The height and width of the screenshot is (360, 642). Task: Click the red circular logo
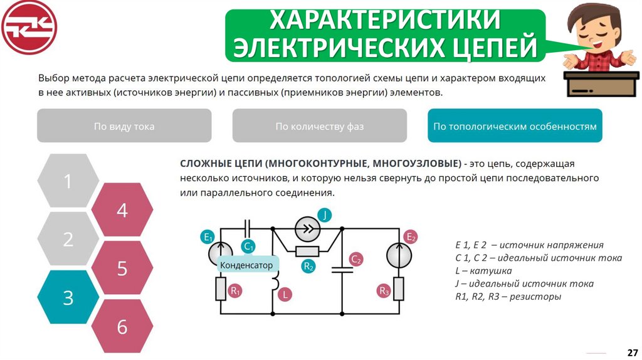click(x=29, y=27)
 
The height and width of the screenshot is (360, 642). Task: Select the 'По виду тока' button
click(x=124, y=126)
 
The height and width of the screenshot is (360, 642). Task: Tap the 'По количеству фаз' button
click(x=319, y=126)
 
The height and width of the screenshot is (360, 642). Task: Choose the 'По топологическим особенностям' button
click(x=515, y=126)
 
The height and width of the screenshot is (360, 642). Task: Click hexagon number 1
click(x=68, y=181)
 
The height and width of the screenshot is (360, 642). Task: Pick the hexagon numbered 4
click(x=122, y=210)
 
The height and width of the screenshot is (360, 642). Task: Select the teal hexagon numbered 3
click(x=68, y=298)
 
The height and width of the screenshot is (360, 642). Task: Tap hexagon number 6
click(x=122, y=326)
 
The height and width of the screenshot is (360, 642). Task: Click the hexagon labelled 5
click(x=122, y=268)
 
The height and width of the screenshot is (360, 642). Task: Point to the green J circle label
click(x=325, y=215)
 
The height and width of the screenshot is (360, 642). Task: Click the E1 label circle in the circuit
click(x=208, y=236)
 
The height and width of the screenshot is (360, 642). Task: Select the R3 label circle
click(x=384, y=290)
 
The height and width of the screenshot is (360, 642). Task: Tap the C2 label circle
click(x=356, y=258)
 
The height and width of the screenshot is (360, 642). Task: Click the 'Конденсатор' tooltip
click(x=246, y=265)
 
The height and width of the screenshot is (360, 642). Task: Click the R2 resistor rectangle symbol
click(x=308, y=251)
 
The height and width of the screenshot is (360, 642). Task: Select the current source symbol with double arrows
click(x=307, y=230)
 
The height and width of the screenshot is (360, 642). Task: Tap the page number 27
click(x=632, y=351)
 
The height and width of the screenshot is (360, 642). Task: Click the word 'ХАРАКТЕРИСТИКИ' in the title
click(x=385, y=20)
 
